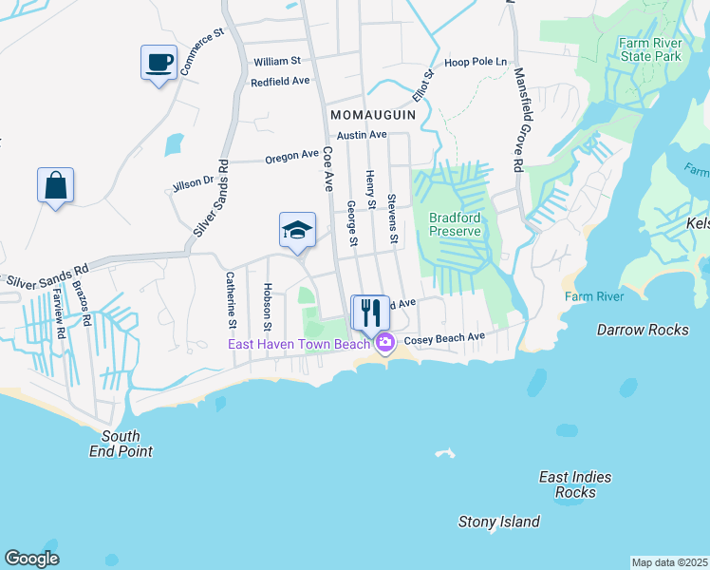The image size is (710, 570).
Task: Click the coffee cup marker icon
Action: click(159, 64)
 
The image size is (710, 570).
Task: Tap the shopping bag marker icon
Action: click(55, 184)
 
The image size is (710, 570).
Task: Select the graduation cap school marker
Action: click(297, 230)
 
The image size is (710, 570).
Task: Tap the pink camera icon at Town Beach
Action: click(384, 343)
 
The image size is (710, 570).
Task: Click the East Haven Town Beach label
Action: click(298, 344)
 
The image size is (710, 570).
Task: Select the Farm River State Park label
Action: click(650, 49)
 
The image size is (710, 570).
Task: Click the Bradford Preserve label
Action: click(455, 223)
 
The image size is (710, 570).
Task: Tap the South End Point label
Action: click(127, 444)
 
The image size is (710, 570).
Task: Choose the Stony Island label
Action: click(498, 522)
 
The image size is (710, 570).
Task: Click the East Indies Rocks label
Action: click(575, 484)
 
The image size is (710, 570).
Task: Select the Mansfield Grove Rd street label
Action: click(518, 119)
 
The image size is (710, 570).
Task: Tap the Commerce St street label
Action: click(201, 51)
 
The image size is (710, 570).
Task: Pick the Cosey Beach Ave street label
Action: click(444, 338)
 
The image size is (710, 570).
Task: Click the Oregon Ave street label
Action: click(291, 155)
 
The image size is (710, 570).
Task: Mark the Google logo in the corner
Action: click(31, 559)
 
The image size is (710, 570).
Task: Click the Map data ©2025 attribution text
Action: click(670, 562)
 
